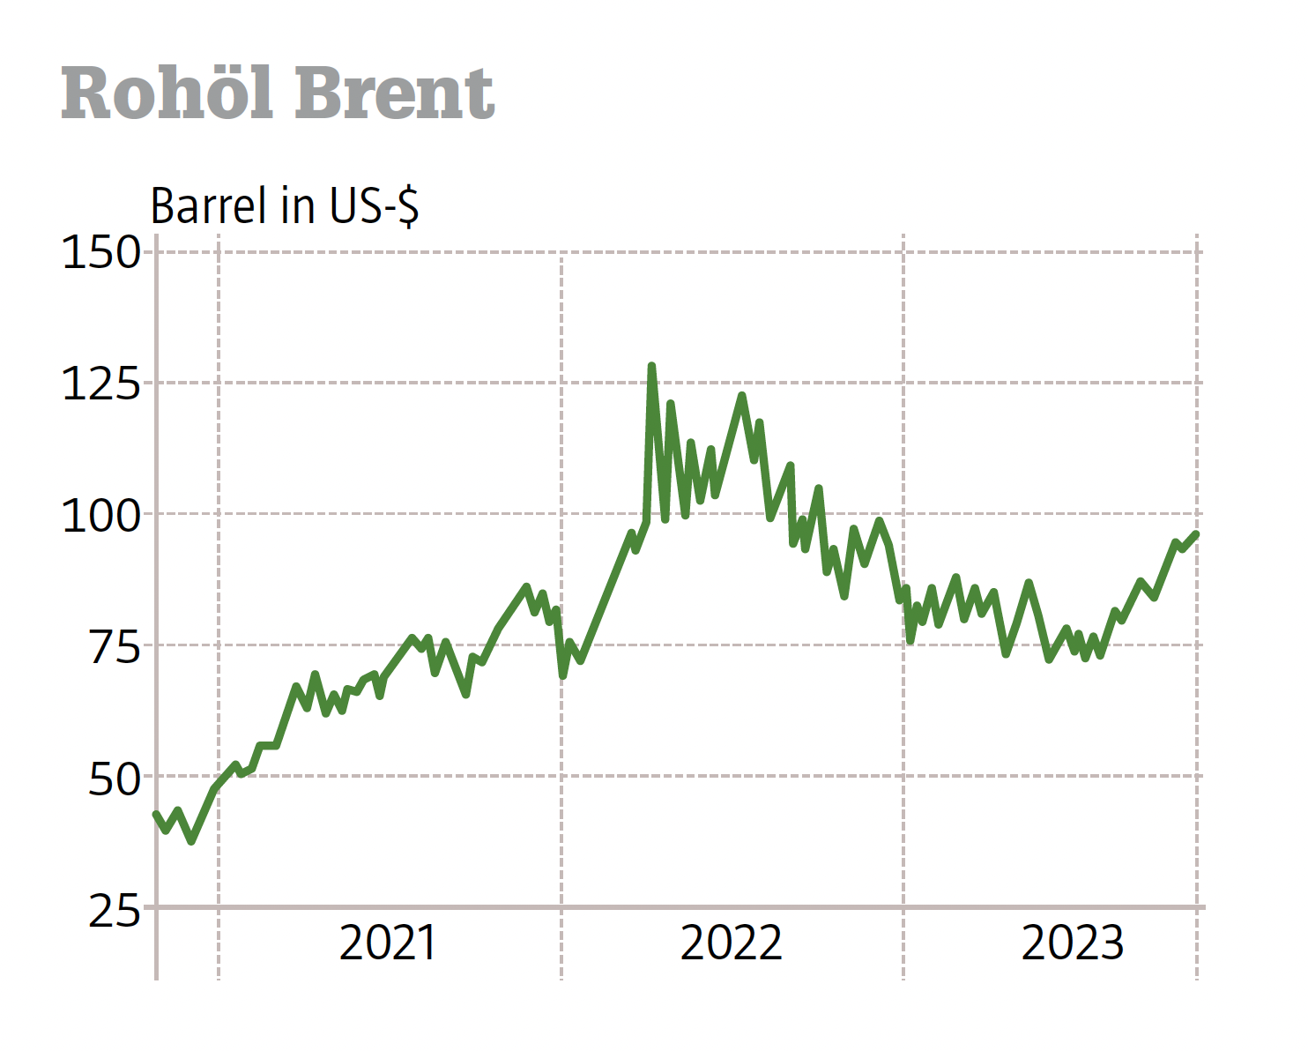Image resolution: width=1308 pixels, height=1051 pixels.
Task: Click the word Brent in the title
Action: point(394,93)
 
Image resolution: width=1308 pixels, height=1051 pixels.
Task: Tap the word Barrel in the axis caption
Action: point(208,206)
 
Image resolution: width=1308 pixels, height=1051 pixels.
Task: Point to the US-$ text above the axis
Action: point(374,206)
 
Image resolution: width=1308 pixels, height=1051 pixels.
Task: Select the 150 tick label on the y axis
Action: point(101,253)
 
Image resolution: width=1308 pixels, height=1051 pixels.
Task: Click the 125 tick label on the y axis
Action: point(101,384)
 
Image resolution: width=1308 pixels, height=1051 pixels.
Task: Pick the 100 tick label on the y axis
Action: point(101,516)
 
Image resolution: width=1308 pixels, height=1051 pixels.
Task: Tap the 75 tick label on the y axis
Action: point(115,647)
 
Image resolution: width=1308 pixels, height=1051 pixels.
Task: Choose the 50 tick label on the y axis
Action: point(115,779)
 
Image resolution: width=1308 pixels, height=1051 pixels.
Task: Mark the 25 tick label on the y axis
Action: point(115,910)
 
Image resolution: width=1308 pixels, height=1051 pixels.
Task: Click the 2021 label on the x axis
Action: point(388,943)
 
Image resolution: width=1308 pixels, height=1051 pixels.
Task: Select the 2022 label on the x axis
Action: point(731,943)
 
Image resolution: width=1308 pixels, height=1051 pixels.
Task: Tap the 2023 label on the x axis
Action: point(1072,943)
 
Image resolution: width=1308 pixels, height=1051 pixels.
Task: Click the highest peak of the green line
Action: point(651,366)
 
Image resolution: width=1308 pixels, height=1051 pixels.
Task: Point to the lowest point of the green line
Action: point(191,841)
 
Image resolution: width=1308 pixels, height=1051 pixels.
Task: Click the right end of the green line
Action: point(1196,533)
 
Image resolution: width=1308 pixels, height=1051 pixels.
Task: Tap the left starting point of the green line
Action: point(156,814)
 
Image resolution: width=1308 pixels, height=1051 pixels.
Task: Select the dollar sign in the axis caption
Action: point(407,206)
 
